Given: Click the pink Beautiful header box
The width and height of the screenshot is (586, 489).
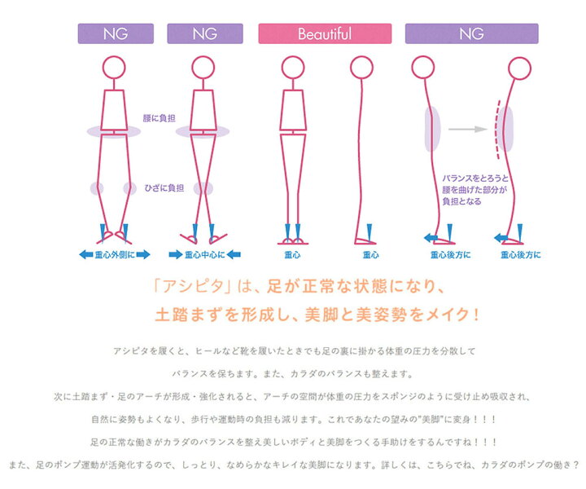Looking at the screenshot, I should [325, 34].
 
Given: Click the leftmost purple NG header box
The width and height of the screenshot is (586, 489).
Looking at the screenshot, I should [115, 34].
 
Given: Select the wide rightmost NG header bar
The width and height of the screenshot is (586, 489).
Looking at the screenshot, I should [471, 34].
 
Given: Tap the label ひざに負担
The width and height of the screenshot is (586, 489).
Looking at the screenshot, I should [164, 187].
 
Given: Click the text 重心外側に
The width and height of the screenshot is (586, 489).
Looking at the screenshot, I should [115, 255].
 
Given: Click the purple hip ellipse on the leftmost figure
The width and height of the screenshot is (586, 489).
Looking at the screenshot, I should [115, 130].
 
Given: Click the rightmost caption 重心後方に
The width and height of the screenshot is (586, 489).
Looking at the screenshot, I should [521, 255].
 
